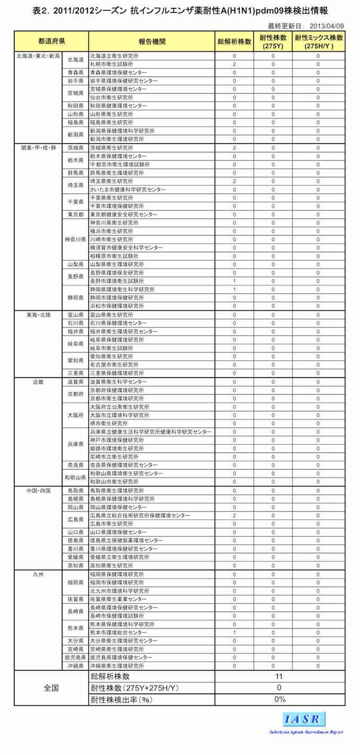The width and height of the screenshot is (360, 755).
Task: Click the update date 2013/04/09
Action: click(327, 26)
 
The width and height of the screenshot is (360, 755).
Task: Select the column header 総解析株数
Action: click(234, 41)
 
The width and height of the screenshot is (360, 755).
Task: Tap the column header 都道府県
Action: click(51, 41)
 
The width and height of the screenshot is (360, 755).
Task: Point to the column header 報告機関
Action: click(152, 41)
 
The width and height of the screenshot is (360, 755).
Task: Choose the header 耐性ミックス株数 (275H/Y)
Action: click(319, 41)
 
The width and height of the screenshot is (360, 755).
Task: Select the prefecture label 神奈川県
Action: click(76, 239)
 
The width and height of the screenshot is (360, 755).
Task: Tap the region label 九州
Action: click(38, 574)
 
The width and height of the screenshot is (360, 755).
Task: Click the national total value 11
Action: click(279, 676)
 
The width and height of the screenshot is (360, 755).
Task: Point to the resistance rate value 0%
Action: click(279, 700)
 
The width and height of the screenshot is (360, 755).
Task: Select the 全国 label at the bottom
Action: click(51, 688)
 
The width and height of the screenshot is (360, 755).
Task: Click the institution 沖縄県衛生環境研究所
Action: click(117, 666)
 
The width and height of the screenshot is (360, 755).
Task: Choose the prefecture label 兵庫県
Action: click(76, 444)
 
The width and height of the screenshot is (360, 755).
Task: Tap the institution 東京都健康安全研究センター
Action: click(123, 215)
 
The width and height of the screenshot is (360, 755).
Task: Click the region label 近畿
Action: click(38, 382)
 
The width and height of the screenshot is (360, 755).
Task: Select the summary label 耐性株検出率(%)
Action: click(121, 700)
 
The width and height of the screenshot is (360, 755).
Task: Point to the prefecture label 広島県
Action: click(76, 519)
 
